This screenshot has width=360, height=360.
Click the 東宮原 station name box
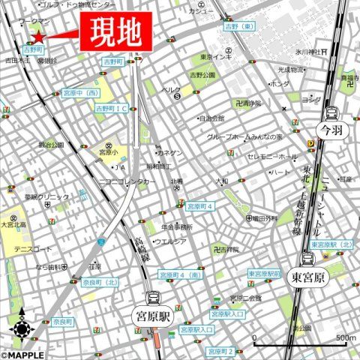click(307, 277)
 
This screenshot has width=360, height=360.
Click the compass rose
click(22, 327)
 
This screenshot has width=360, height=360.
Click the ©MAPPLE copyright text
click(22, 355)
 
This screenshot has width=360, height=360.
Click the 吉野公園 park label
click(202, 75)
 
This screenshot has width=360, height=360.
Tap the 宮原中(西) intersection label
click(81, 94)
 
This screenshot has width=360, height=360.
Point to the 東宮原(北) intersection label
click(330, 245)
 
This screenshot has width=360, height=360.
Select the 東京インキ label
click(216, 56)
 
